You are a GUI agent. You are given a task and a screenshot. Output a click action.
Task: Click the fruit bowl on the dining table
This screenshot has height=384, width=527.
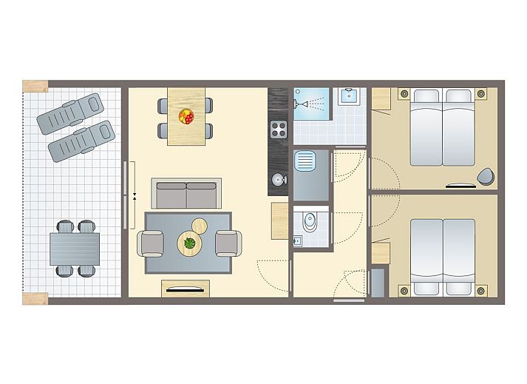[x=186, y=116]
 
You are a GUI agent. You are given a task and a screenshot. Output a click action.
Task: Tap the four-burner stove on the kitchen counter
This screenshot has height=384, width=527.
[x=278, y=129]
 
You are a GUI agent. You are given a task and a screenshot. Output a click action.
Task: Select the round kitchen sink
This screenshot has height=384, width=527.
[x=278, y=179]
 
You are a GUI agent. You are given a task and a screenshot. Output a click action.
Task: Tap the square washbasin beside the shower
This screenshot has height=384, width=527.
[x=347, y=97]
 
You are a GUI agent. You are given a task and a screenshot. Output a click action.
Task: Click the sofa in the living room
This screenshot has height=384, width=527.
[x=186, y=195]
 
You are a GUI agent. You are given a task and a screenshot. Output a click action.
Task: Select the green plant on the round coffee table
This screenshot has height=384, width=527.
[x=188, y=242]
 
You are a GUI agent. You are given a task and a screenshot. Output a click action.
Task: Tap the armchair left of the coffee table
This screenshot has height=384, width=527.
[x=151, y=243]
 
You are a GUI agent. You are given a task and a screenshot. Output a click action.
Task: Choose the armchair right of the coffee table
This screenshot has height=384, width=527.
[x=227, y=243]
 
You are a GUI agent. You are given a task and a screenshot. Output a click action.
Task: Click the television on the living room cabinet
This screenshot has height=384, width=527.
[x=186, y=290]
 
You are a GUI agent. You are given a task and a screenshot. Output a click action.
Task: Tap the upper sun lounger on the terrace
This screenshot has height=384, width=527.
[x=72, y=112]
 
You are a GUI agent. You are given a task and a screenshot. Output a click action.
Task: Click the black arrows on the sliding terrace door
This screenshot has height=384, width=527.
[x=135, y=196]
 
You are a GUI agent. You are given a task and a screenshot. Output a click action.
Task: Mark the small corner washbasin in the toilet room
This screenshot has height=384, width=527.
[x=298, y=240]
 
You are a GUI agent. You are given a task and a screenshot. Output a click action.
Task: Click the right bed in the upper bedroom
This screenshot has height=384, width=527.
[x=458, y=127]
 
